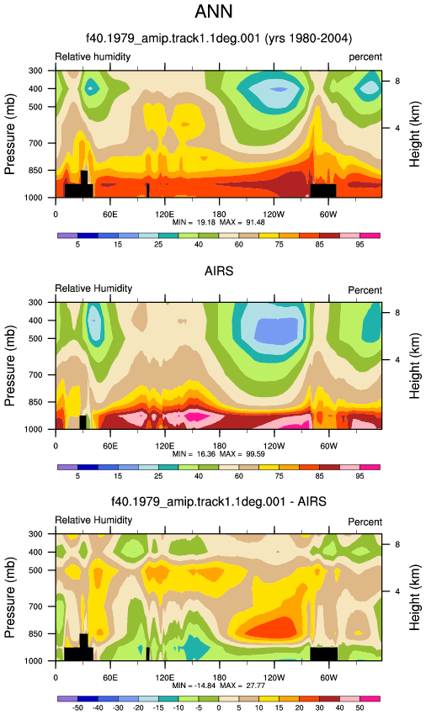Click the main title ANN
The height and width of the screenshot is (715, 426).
pyautogui.click(x=213, y=12)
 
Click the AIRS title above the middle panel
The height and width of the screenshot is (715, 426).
pyautogui.click(x=219, y=271)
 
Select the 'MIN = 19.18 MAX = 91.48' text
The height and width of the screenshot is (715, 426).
pyautogui.click(x=218, y=222)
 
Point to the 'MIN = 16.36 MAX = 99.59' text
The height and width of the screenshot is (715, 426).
pyautogui.click(x=218, y=453)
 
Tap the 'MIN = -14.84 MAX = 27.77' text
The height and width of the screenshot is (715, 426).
pyautogui.click(x=218, y=686)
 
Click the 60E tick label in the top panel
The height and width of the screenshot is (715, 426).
pyautogui.click(x=110, y=214)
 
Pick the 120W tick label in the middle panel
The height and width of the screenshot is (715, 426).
pyautogui.click(x=274, y=446)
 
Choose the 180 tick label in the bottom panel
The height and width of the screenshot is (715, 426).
pyautogui.click(x=219, y=678)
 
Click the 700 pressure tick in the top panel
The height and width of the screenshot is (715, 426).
pyautogui.click(x=35, y=143)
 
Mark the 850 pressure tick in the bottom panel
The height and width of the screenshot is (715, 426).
pyautogui.click(x=35, y=634)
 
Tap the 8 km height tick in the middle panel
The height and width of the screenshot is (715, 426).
pyautogui.click(x=397, y=313)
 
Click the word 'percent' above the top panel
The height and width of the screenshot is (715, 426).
pyautogui.click(x=365, y=57)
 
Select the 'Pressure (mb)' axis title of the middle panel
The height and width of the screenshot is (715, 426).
pyautogui.click(x=9, y=366)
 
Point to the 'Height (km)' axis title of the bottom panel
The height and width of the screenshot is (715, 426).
pyautogui.click(x=414, y=597)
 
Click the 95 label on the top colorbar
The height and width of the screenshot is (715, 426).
pyautogui.click(x=359, y=245)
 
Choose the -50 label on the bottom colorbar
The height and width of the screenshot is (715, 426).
pyautogui.click(x=77, y=707)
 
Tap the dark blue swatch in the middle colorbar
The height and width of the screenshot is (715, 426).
pyautogui.click(x=88, y=467)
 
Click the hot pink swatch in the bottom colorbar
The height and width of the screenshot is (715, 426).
pyautogui.click(x=370, y=698)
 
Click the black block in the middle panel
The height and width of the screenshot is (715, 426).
pyautogui.click(x=83, y=422)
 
